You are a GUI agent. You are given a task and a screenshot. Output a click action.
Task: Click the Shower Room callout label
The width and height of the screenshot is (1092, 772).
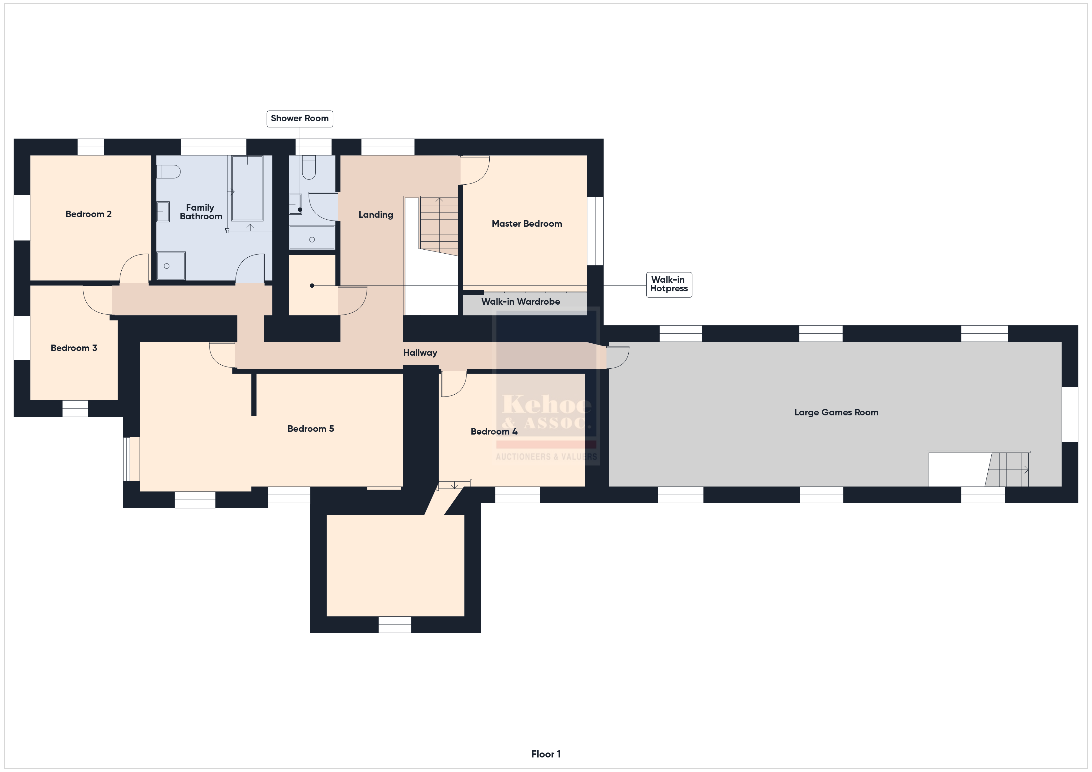pos(300,118)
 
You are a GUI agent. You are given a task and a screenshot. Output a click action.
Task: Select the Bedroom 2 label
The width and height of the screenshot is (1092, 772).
pos(89,214)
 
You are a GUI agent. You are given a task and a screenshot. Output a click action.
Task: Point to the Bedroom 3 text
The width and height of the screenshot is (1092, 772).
pos(74,348)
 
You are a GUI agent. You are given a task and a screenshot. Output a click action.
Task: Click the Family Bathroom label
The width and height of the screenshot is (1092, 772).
pos(201,212)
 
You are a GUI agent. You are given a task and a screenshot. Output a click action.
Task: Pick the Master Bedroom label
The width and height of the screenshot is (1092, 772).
pos(527,223)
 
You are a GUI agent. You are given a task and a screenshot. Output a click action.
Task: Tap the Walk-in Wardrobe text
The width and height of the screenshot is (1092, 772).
pos(521,301)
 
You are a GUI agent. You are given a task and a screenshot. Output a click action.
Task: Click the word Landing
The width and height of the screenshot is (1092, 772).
pos(376,215)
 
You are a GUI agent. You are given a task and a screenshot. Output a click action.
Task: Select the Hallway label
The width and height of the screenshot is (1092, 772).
pos(420,353)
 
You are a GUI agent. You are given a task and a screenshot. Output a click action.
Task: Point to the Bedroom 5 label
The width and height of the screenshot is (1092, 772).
pos(310,429)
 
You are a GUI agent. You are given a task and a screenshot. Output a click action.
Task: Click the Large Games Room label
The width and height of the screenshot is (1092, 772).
pos(836,413)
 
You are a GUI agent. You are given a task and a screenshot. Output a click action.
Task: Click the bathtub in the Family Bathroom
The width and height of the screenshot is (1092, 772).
pos(247,188)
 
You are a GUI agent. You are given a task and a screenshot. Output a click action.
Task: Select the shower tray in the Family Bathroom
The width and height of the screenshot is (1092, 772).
pos(171,266)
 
